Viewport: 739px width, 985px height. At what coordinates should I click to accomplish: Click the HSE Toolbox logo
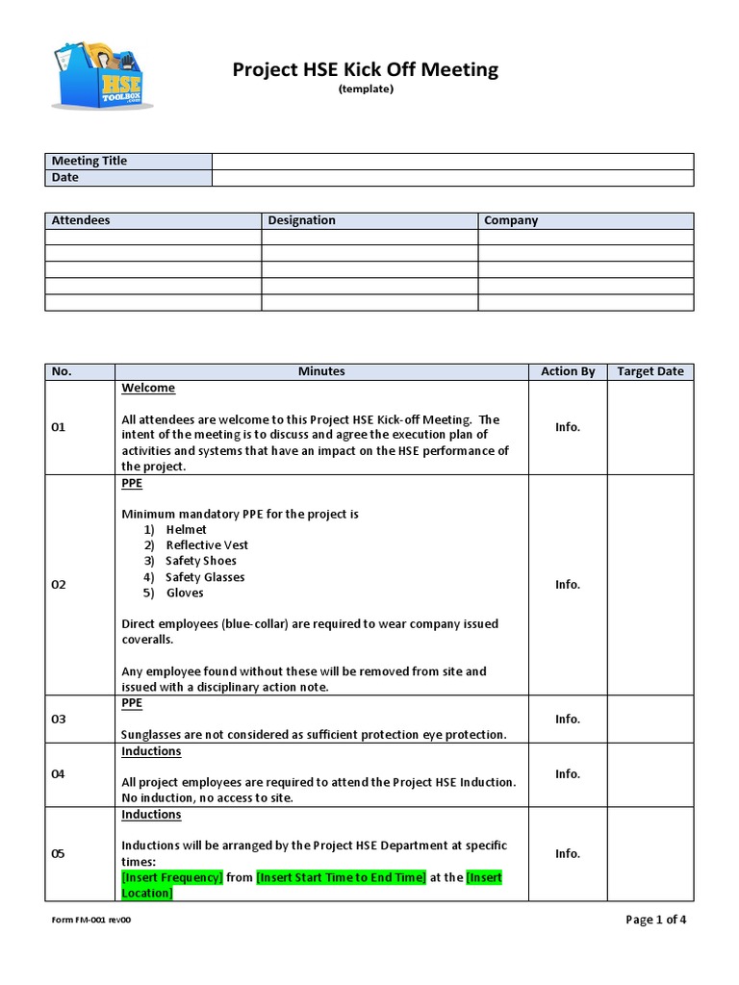[x=99, y=75]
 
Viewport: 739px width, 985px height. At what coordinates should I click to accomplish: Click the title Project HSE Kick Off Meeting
[x=366, y=69]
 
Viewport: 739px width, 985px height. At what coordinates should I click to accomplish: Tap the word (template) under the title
[x=366, y=89]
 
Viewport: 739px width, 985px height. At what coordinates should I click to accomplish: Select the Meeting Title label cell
[x=128, y=161]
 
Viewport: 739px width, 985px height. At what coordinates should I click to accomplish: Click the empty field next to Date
[x=452, y=178]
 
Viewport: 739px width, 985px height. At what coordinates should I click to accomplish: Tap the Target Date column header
[x=650, y=371]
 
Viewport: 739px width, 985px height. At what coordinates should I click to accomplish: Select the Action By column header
[x=568, y=371]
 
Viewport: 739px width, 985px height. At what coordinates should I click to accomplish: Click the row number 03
[x=59, y=719]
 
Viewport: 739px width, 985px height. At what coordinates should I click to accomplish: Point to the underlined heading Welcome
[x=148, y=388]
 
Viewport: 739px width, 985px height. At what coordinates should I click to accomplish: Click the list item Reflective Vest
[x=207, y=545]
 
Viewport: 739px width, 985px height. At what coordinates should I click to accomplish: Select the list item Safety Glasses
[x=205, y=577]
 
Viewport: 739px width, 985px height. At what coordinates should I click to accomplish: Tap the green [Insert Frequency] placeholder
[x=172, y=877]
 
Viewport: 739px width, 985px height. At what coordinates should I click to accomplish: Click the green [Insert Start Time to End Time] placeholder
[x=341, y=877]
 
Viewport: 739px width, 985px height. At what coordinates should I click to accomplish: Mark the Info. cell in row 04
[x=568, y=773]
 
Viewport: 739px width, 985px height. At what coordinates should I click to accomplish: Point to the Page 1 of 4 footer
[x=655, y=920]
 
